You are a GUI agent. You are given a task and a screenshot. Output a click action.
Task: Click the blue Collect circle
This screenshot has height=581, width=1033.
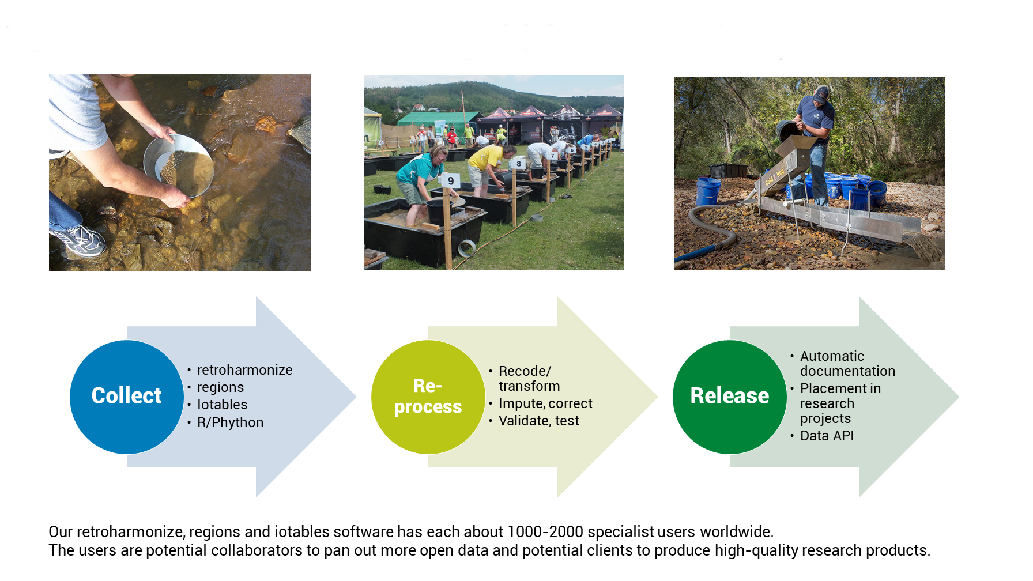(127, 397)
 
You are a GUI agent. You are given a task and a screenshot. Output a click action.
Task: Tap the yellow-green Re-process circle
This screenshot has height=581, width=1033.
(428, 397)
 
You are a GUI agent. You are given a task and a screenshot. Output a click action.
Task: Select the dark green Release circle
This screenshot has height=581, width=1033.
(729, 397)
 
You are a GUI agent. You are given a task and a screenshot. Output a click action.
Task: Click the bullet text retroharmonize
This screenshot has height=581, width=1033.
(244, 370)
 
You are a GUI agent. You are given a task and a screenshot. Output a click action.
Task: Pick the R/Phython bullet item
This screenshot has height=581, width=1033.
(230, 422)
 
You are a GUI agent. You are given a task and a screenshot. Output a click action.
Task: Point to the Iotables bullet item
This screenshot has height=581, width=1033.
(222, 405)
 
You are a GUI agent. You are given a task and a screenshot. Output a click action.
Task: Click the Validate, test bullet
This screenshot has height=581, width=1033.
(538, 421)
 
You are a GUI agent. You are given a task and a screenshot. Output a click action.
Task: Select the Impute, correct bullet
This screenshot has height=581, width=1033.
(545, 403)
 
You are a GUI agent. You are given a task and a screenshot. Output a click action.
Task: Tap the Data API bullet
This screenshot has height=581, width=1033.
(827, 436)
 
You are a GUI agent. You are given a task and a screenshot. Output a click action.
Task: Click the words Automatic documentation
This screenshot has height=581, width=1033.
(847, 364)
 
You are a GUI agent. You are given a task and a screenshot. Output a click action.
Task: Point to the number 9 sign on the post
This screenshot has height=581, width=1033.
(451, 181)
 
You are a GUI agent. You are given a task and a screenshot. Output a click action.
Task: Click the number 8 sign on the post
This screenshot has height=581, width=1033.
(519, 164)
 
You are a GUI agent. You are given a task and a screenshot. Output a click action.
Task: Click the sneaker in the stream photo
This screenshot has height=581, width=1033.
(81, 239)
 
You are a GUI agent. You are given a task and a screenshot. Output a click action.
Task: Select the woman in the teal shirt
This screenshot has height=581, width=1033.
(420, 179)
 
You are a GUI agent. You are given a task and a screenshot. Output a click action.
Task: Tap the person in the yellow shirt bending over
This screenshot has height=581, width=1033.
(487, 164)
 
